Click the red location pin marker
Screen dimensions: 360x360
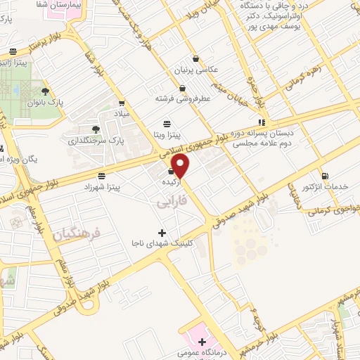point(181,166)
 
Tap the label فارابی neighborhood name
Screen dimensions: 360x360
point(166,202)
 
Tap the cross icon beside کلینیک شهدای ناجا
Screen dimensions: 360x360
point(162,233)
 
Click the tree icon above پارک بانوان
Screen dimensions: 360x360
point(46,91)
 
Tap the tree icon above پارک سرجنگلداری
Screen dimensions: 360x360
point(96,129)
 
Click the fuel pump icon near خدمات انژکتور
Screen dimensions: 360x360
point(324,176)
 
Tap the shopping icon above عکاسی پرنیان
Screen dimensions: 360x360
point(195,58)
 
